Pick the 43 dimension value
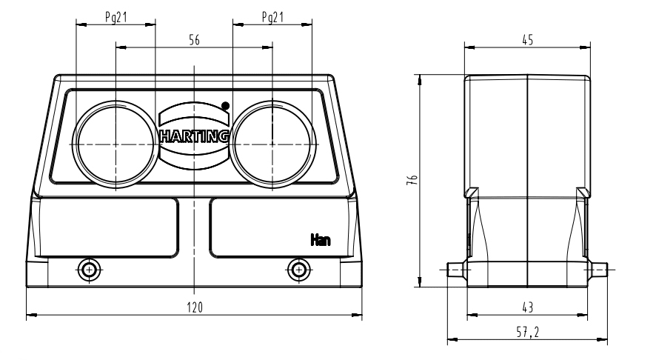[x=527, y=307]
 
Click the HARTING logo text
[x=194, y=136]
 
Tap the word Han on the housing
[x=320, y=239]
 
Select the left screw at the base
[x=90, y=269]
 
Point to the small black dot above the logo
[x=225, y=105]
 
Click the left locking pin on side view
[x=455, y=270]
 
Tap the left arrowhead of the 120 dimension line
[x=30, y=316]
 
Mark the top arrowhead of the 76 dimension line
[x=421, y=77]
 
